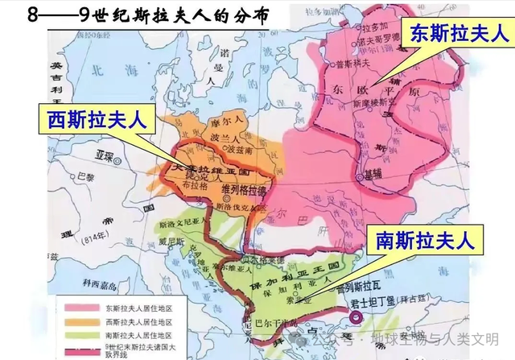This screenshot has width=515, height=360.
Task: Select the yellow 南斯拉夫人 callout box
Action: click(422, 240)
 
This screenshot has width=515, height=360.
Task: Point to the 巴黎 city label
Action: click(74, 174)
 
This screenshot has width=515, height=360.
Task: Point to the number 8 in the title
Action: click(11, 14)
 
